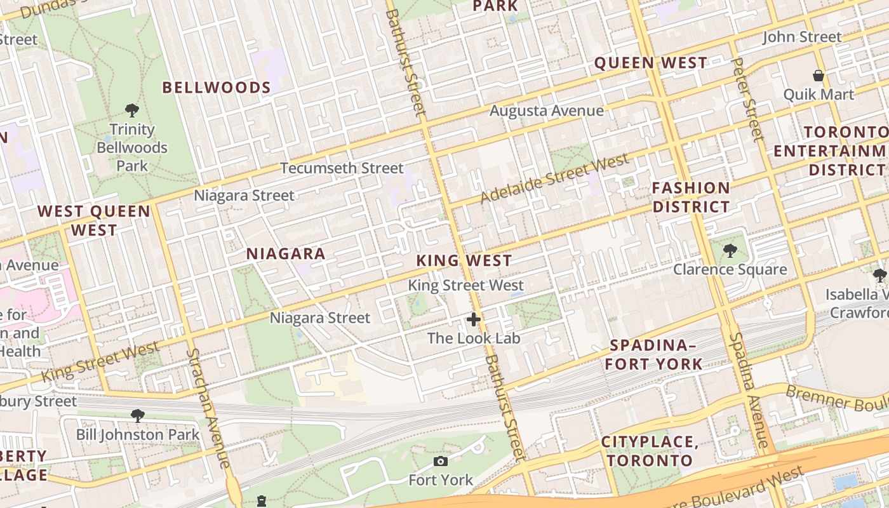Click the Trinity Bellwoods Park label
coord(132,147)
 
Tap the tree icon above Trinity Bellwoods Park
coord(132,111)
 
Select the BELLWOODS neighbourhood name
coord(217,88)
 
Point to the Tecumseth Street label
coord(342,168)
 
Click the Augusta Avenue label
coord(547,110)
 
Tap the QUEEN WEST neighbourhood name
coord(650,63)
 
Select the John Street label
coord(802,37)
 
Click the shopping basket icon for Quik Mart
coord(819,76)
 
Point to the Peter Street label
coord(747,98)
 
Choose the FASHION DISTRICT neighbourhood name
coord(692,197)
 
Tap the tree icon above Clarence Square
coord(730,251)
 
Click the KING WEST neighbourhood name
coord(464,260)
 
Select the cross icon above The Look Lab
coord(474,319)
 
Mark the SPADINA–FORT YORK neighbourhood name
coord(653,354)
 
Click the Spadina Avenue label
coord(749,391)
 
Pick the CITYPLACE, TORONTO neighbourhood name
coord(650,451)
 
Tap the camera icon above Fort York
coord(440,461)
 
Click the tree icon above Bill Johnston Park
coord(137,417)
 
